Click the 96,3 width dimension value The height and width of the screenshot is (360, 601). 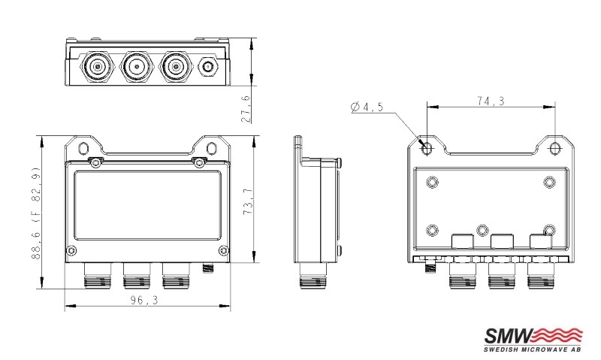pos(146,299)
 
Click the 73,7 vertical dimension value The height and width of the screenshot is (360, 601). pos(247,202)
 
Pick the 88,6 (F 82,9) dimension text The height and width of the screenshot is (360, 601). pos(35,213)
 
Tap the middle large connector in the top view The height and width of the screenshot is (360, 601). pos(136,67)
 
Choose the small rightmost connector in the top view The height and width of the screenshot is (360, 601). pos(207,68)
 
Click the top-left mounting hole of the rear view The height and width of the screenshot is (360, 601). pos(427,148)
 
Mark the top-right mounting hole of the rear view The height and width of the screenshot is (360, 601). pos(554,148)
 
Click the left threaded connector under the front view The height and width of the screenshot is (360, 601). pos(96,280)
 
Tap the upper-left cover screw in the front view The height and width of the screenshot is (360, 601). pos(97,162)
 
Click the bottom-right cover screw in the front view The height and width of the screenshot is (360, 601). pos(220,250)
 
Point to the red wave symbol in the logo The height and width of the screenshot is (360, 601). pos(558,335)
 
